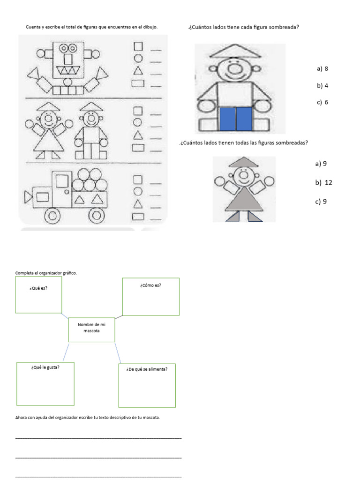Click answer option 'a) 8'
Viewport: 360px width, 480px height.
coord(322,69)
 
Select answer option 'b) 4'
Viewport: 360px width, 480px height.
coord(322,86)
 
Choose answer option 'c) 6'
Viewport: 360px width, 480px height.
coord(322,103)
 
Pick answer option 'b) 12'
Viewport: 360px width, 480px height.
coord(324,183)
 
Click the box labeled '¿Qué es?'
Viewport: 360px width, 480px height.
coord(38,295)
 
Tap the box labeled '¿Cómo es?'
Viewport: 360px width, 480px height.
coord(150,296)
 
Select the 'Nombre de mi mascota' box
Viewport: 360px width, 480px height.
coord(91,330)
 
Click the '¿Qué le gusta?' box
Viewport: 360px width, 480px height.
coord(45,383)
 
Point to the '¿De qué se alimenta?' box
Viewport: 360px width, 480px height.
coord(147,385)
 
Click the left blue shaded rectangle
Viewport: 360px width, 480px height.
coord(227,119)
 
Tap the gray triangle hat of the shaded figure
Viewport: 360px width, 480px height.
coord(243,163)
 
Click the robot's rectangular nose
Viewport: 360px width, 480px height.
coord(68,59)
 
